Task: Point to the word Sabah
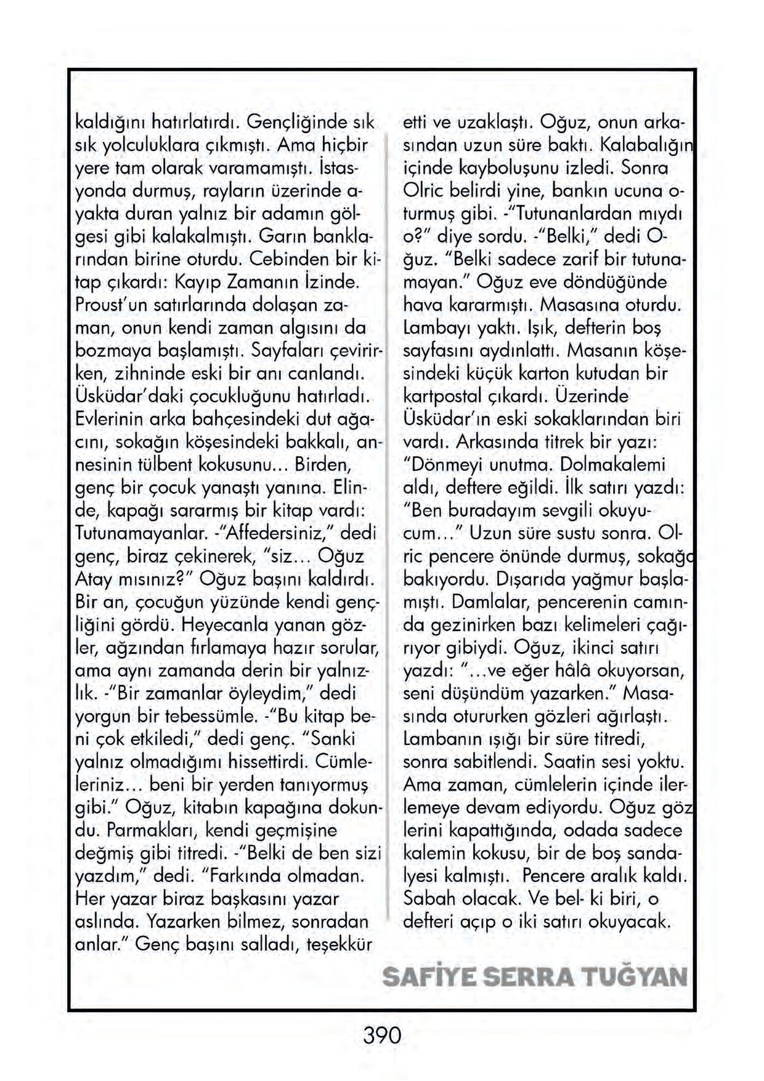429,900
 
